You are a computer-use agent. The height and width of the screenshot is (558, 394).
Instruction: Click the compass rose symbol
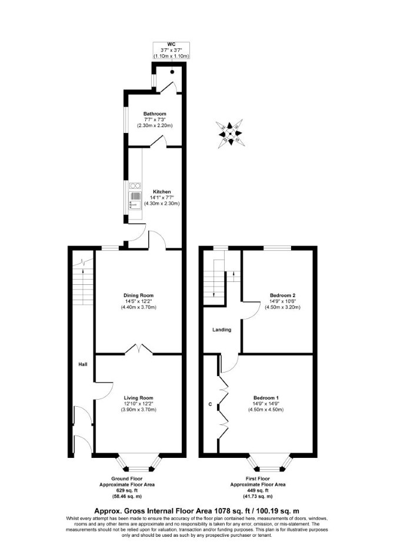[230, 134]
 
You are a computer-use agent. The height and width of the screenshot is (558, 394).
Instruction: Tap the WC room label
[171, 45]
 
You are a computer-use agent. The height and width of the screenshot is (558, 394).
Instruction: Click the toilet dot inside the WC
[172, 72]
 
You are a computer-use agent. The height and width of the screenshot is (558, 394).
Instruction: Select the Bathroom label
[155, 114]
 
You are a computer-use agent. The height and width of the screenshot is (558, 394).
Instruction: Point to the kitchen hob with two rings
[135, 185]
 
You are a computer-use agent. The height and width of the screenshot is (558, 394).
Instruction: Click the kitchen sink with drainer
[135, 201]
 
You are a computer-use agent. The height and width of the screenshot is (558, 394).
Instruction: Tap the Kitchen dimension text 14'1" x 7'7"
[162, 198]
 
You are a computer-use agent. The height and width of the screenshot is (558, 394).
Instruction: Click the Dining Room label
[139, 295]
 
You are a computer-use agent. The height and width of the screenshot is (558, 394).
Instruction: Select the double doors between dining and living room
[139, 348]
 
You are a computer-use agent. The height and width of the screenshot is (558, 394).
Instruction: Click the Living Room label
[139, 398]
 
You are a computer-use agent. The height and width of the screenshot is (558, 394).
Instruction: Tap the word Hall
[83, 364]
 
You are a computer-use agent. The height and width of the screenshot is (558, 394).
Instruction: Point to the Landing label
[222, 330]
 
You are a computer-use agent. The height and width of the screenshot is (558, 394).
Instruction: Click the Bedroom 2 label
[283, 295]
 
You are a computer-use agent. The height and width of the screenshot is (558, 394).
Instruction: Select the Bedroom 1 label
[266, 398]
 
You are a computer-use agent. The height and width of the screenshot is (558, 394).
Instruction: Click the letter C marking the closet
[210, 404]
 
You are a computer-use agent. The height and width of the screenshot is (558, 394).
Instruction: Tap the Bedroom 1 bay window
[270, 462]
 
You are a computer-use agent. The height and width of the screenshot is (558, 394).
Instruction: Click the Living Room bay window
[139, 462]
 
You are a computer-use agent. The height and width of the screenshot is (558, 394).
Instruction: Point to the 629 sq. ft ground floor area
[126, 490]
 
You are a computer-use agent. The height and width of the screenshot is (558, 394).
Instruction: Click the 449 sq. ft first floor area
[258, 490]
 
